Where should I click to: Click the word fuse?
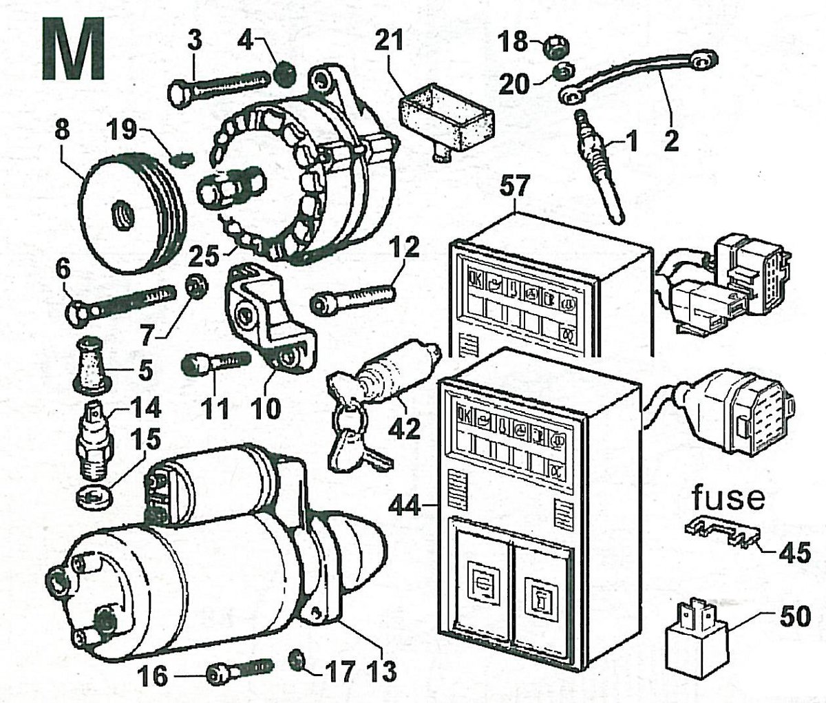pyautogui.click(x=728, y=497)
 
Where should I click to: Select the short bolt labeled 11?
pyautogui.click(x=214, y=361)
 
